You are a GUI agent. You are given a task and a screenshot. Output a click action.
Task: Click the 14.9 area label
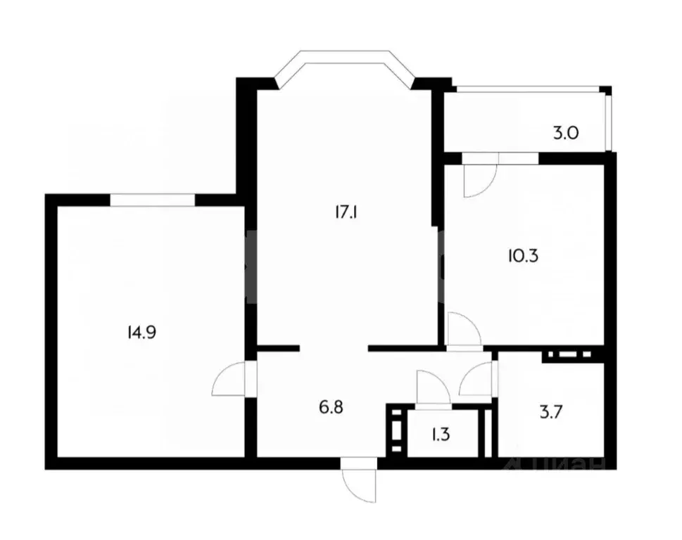[x=141, y=332]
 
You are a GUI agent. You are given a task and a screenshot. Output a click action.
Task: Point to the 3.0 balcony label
[x=565, y=132]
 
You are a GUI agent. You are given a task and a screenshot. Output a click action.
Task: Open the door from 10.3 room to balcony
[x=479, y=179]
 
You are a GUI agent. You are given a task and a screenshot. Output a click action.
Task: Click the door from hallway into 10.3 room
[x=462, y=330]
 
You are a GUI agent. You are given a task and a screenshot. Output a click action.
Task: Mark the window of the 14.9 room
[x=152, y=200]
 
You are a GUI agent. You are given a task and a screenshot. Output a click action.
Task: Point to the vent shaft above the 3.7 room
[x=567, y=356]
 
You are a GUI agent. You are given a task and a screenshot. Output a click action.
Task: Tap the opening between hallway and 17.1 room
[x=334, y=347]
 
